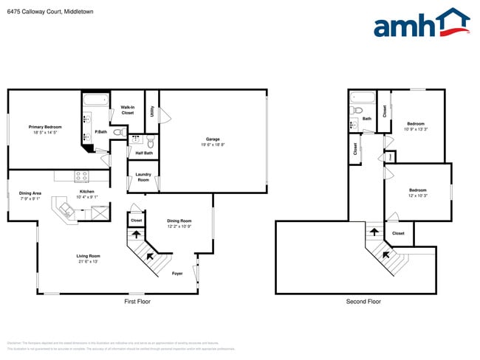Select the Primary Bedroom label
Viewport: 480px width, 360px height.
pos(45,127)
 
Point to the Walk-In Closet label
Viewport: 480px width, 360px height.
pos(128,110)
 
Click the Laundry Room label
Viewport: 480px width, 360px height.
pos(143,177)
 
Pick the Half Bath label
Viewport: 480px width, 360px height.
pos(144,153)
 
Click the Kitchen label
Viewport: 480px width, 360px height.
pos(87,191)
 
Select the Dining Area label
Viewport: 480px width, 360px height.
pos(30,193)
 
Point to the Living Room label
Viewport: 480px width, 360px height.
pos(87,256)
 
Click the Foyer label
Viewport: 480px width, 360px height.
pos(177,273)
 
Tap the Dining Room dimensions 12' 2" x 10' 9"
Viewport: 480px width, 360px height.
pos(179,226)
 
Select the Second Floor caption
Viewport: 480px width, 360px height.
pos(363,302)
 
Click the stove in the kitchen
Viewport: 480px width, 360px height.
pos(81,176)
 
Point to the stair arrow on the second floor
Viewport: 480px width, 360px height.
pos(374,231)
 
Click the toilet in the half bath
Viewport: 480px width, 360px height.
pos(150,140)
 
